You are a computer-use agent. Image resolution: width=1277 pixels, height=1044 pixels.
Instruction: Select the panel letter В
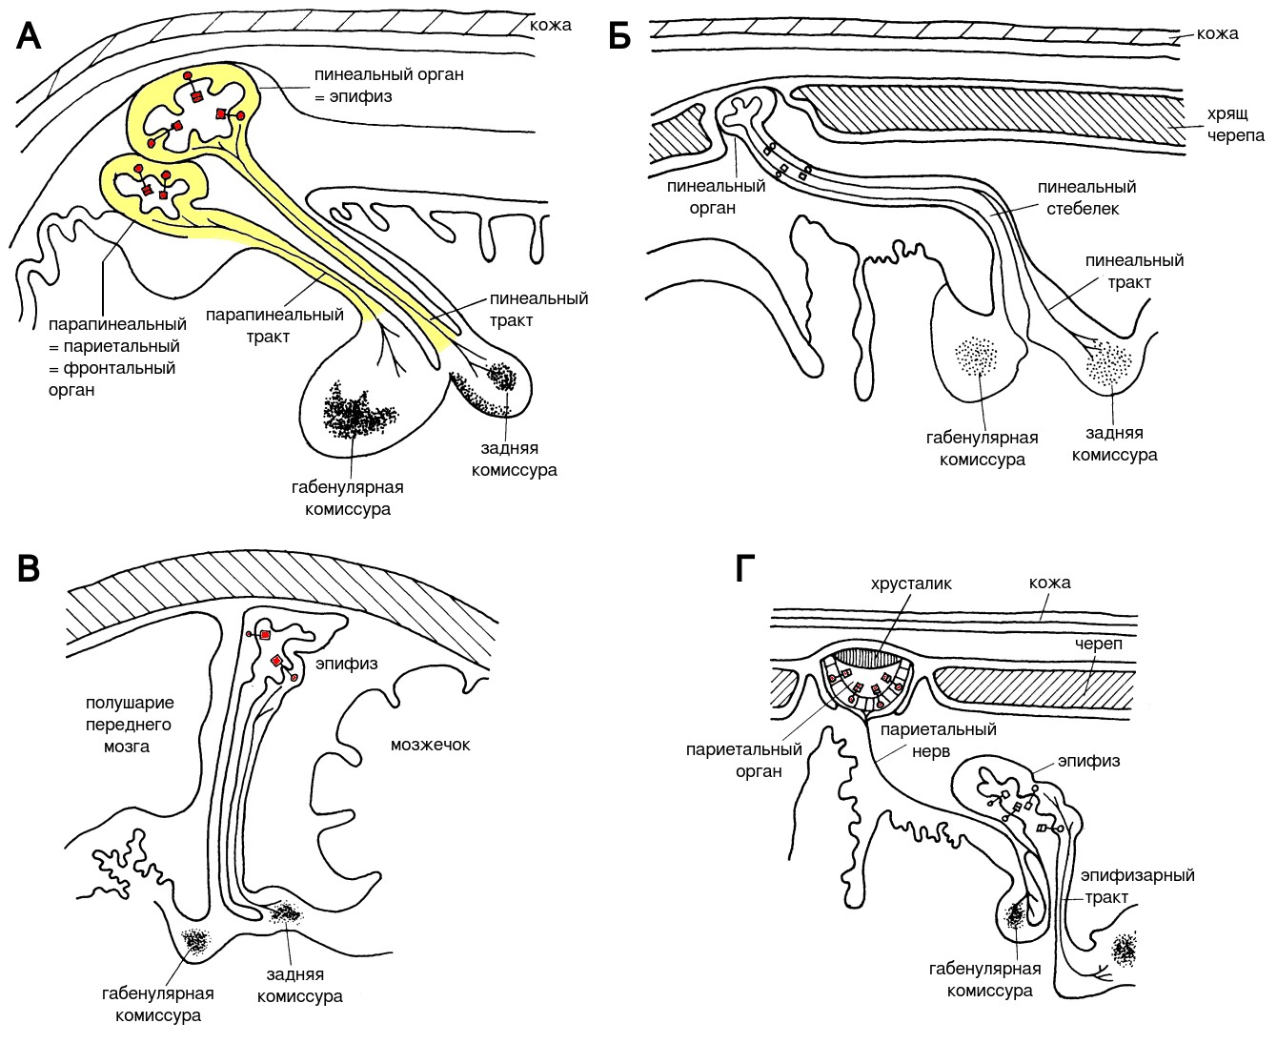pos(30,568)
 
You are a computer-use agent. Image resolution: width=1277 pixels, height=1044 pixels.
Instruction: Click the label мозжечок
pos(430,744)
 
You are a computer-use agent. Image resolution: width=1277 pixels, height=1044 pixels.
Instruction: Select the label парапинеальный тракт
pos(274,325)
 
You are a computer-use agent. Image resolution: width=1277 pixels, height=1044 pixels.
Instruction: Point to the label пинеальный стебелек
pos(1086,197)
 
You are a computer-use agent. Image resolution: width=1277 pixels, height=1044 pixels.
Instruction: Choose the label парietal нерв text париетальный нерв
pos(938,741)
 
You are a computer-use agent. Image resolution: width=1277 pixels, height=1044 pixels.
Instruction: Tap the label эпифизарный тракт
pos(1137,886)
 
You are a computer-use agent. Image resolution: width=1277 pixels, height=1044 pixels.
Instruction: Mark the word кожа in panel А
pos(551,25)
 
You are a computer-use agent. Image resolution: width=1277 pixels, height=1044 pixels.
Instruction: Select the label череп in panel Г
pos(1102,644)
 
